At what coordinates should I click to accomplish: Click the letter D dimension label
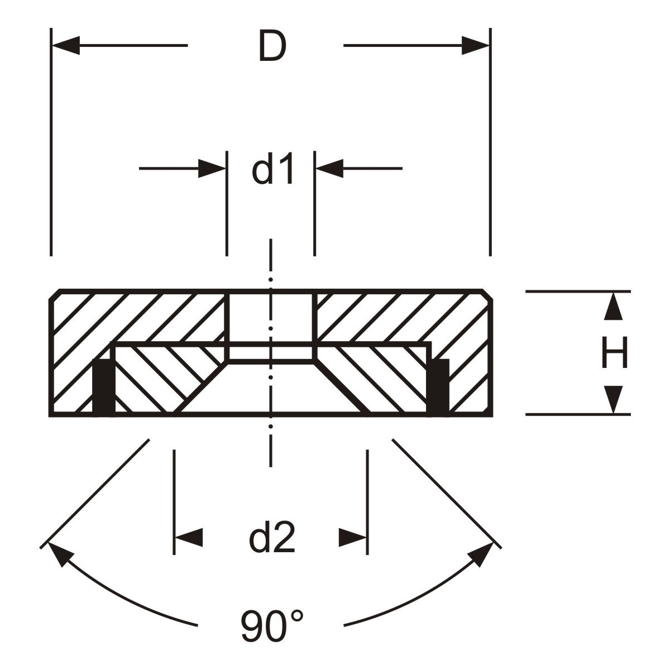pyautogui.click(x=272, y=46)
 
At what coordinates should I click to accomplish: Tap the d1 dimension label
pyautogui.click(x=273, y=169)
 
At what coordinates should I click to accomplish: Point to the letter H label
pyautogui.click(x=614, y=352)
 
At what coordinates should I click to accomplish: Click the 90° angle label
pyautogui.click(x=272, y=626)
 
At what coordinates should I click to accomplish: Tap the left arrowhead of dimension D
pyautogui.click(x=66, y=45)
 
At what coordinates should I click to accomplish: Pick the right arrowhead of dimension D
pyautogui.click(x=476, y=45)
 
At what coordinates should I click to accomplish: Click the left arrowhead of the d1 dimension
pyautogui.click(x=212, y=169)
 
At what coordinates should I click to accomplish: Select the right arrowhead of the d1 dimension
pyautogui.click(x=329, y=169)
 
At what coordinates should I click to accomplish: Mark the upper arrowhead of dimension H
pyautogui.click(x=613, y=306)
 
